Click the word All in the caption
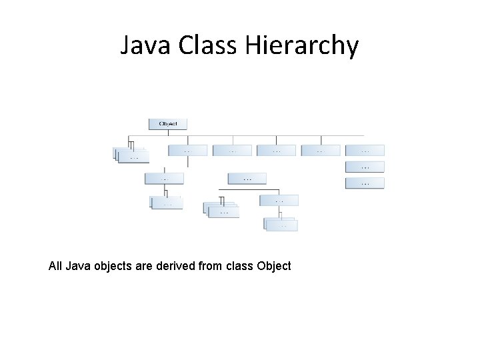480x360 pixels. coord(56,266)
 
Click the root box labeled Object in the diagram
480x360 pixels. coord(167,124)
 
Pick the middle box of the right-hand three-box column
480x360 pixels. coord(365,167)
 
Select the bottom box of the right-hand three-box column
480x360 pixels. coord(365,183)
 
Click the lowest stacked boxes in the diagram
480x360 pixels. coord(281,225)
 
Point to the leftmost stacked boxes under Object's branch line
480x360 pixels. coord(132,155)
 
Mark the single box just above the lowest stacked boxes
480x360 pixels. coord(279,200)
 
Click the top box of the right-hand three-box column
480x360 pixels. coord(365,151)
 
